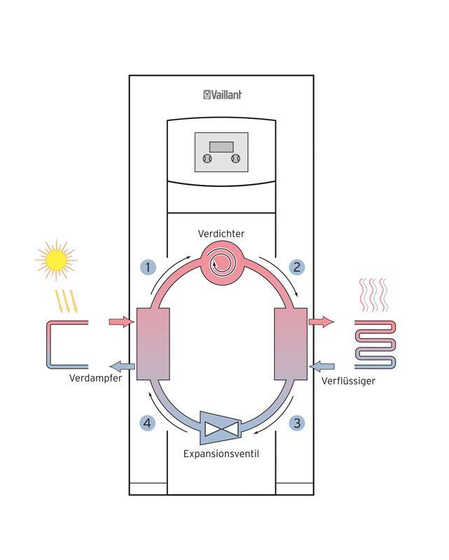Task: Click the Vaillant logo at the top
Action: (222, 94)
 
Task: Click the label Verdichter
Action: (221, 234)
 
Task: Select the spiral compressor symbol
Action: (221, 263)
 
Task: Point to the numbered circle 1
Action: (147, 267)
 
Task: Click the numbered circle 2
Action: (297, 267)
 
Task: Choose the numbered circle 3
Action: (297, 423)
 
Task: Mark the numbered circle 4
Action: (147, 423)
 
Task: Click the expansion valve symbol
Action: (221, 427)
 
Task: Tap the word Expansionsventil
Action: (221, 454)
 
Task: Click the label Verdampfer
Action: (97, 379)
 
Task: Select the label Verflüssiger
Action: (349, 381)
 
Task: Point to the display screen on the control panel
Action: (221, 147)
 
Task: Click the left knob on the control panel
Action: (207, 159)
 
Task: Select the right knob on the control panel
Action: (236, 159)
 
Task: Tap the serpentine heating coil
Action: (375, 344)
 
